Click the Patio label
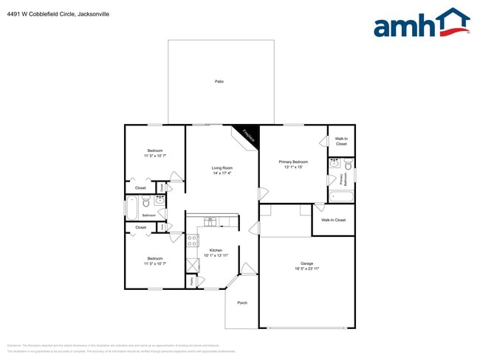(219, 81)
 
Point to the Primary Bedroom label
(293, 162)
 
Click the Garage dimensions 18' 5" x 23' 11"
(306, 269)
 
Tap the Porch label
(242, 302)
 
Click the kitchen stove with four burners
(193, 239)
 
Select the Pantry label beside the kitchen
(191, 280)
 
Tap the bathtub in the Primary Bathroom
(341, 196)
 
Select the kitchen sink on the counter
(210, 221)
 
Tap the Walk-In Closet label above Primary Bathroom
(341, 141)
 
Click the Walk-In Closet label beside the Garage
(333, 220)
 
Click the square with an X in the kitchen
(193, 265)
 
